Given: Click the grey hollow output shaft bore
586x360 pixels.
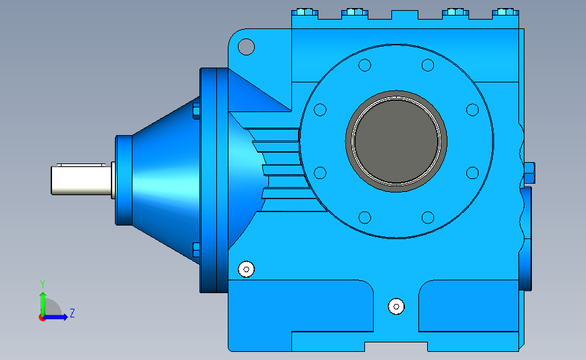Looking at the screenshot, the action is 396,141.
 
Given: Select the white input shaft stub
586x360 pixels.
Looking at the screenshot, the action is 81,180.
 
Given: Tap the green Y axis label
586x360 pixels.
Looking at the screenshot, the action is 43,284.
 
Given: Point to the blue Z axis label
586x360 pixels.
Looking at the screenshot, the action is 72,313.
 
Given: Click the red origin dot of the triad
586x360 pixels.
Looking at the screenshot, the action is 42,318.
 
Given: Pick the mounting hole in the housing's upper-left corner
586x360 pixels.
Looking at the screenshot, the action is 246,47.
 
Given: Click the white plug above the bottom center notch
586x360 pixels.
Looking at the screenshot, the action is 396,307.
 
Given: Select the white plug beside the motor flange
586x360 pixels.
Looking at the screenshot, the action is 246,269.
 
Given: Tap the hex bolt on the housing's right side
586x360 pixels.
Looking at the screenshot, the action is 529,173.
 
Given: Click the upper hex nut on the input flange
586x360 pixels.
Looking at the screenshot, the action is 196,111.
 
